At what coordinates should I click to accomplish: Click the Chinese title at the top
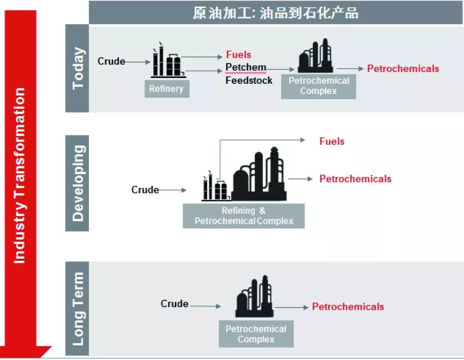coord(275,13)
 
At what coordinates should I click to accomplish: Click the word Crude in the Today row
coord(111,61)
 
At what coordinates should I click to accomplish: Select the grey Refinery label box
coord(167,89)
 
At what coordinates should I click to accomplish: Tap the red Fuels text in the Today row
coord(238,55)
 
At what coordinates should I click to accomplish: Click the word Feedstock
coord(249,80)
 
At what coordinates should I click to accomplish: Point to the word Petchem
coord(246,67)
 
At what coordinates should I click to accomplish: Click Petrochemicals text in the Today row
coord(403,68)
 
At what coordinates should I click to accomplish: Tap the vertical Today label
coord(78,68)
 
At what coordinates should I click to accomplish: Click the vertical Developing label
coord(78,183)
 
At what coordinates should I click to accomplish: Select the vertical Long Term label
coord(78,308)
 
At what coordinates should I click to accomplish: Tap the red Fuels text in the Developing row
coord(332,141)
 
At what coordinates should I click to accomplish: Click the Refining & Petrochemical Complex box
coord(244,216)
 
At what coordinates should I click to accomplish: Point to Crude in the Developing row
coord(145,189)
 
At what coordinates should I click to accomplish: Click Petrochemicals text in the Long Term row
coord(348,306)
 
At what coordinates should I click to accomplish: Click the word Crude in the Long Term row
coord(174,303)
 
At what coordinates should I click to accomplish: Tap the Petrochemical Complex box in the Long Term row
coord(256,334)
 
